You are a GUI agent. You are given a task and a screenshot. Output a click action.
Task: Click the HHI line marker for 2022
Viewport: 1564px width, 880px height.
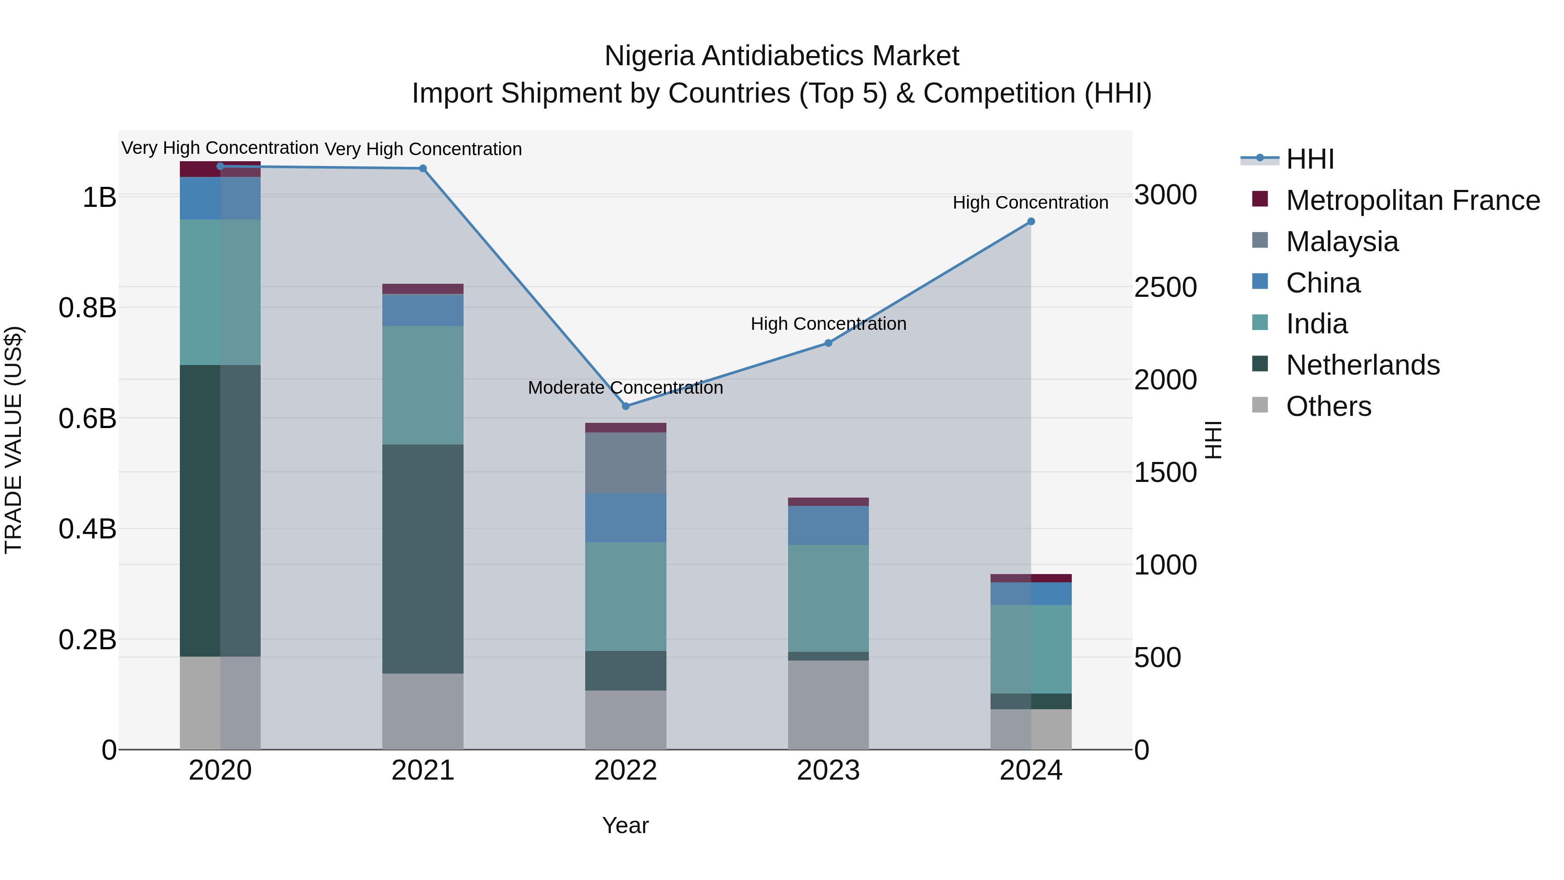click(x=625, y=406)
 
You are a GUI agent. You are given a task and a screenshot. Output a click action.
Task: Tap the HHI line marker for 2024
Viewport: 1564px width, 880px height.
click(x=1031, y=222)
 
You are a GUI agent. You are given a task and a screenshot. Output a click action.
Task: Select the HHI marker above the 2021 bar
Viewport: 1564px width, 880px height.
click(x=423, y=168)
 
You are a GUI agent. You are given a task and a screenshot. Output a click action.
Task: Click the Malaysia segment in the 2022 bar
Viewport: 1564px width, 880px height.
click(x=625, y=463)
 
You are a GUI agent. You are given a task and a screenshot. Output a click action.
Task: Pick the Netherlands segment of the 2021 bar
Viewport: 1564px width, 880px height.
click(x=423, y=559)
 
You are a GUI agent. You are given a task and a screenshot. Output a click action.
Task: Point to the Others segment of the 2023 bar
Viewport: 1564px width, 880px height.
click(x=828, y=704)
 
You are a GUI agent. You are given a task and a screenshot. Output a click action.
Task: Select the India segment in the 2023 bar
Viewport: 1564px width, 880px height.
click(x=828, y=598)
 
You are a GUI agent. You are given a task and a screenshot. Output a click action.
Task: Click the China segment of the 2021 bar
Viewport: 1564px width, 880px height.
click(x=423, y=310)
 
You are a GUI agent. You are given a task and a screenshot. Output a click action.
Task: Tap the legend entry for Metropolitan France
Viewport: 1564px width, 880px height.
click(x=1412, y=200)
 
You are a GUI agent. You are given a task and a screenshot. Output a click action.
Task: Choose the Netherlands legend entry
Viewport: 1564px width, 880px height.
click(x=1362, y=365)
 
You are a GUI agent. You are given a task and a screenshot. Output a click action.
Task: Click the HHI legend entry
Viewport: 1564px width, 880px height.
click(x=1309, y=159)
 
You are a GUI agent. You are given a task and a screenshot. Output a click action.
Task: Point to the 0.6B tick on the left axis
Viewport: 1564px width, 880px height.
click(x=87, y=418)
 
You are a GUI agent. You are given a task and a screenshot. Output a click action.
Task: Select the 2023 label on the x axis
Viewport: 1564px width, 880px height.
click(x=828, y=770)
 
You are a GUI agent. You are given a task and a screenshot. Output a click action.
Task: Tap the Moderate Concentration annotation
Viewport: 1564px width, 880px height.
click(x=625, y=388)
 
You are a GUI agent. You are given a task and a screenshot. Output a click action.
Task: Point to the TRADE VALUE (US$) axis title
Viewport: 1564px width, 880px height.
click(x=13, y=440)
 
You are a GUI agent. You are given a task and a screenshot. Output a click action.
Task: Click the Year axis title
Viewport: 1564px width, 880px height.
click(x=625, y=825)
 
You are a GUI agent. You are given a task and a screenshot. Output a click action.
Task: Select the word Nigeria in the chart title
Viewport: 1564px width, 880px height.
click(x=649, y=56)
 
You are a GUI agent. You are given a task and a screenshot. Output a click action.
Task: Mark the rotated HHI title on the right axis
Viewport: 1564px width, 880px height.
click(x=1213, y=440)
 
